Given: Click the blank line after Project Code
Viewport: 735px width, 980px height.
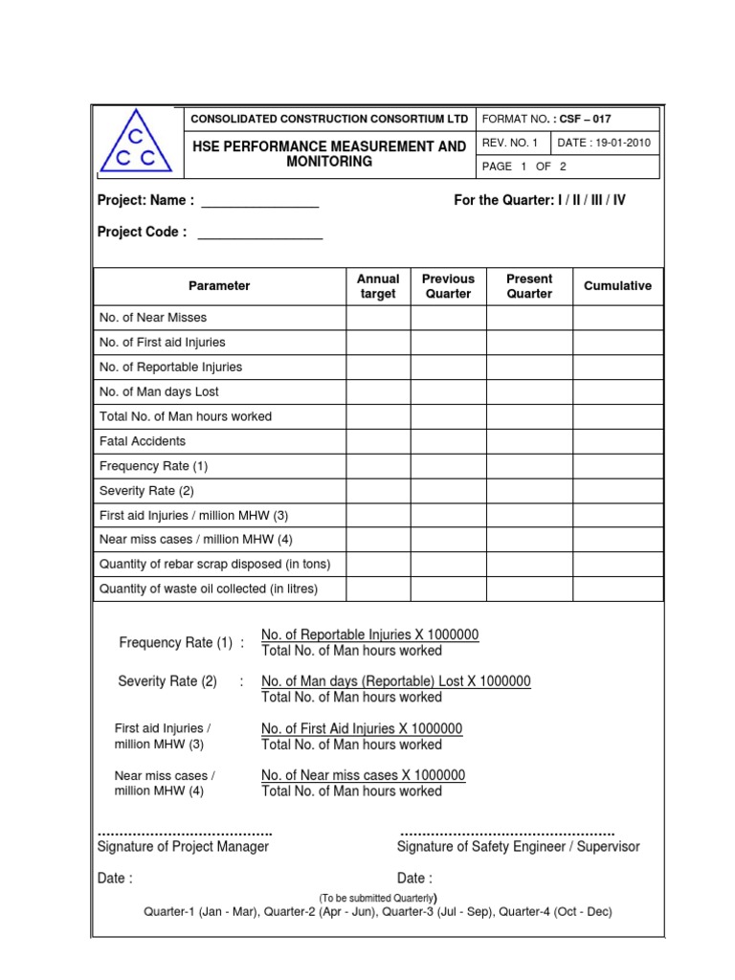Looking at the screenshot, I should pyautogui.click(x=259, y=233).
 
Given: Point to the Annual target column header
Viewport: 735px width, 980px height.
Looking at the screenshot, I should pyautogui.click(x=378, y=286).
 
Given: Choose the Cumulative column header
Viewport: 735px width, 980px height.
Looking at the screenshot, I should pyautogui.click(x=617, y=286).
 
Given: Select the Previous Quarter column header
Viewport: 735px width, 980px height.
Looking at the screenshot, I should pyautogui.click(x=448, y=286).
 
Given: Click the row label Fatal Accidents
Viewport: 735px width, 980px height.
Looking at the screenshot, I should pyautogui.click(x=143, y=441).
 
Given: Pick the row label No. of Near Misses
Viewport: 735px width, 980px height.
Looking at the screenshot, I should pyautogui.click(x=153, y=318).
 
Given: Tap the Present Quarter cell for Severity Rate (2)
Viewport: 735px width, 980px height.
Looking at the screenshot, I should pyautogui.click(x=529, y=491).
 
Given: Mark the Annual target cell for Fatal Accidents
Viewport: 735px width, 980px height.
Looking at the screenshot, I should pyautogui.click(x=378, y=441).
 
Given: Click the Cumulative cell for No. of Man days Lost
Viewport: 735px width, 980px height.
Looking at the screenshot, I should pyautogui.click(x=617, y=391).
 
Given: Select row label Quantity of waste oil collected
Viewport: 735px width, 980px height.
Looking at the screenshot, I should pyautogui.click(x=209, y=589).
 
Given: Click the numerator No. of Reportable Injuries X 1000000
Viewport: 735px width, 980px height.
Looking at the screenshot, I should pyautogui.click(x=369, y=635).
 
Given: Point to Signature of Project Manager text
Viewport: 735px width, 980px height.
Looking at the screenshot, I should pyautogui.click(x=184, y=846).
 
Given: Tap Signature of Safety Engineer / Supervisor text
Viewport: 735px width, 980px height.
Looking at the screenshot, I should pyautogui.click(x=518, y=846).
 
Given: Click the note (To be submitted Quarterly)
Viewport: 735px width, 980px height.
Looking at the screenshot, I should pyautogui.click(x=378, y=898).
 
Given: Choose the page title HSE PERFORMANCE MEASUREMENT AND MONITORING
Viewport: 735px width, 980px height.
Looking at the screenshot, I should pyautogui.click(x=329, y=154).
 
